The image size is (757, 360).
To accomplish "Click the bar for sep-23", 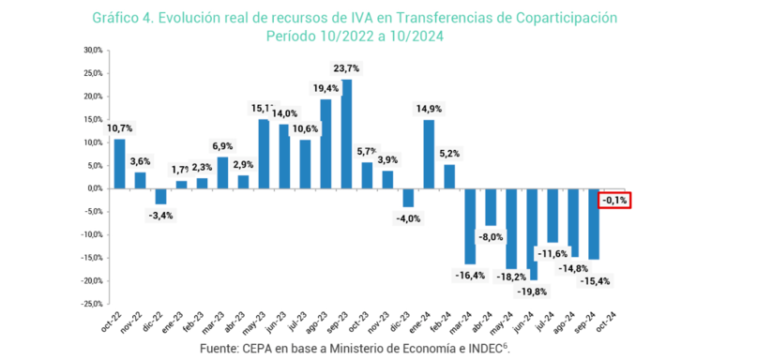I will [347, 133].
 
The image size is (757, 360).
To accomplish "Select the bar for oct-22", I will [119, 164].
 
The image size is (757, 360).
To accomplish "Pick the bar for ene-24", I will [429, 154].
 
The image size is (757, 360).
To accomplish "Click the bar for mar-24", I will [470, 226].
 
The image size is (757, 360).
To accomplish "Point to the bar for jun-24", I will [532, 233].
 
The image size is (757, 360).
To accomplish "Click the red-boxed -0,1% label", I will [615, 200].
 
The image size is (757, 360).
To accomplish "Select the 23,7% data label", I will [346, 68].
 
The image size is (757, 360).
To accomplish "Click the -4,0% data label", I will [408, 218].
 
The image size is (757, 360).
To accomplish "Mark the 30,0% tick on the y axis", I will [92, 50].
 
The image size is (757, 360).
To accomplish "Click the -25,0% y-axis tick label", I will [90, 304].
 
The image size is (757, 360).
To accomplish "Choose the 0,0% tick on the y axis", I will [94, 188].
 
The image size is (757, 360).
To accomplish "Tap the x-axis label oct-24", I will [613, 323].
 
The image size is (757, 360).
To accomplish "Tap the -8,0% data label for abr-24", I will [490, 237].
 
